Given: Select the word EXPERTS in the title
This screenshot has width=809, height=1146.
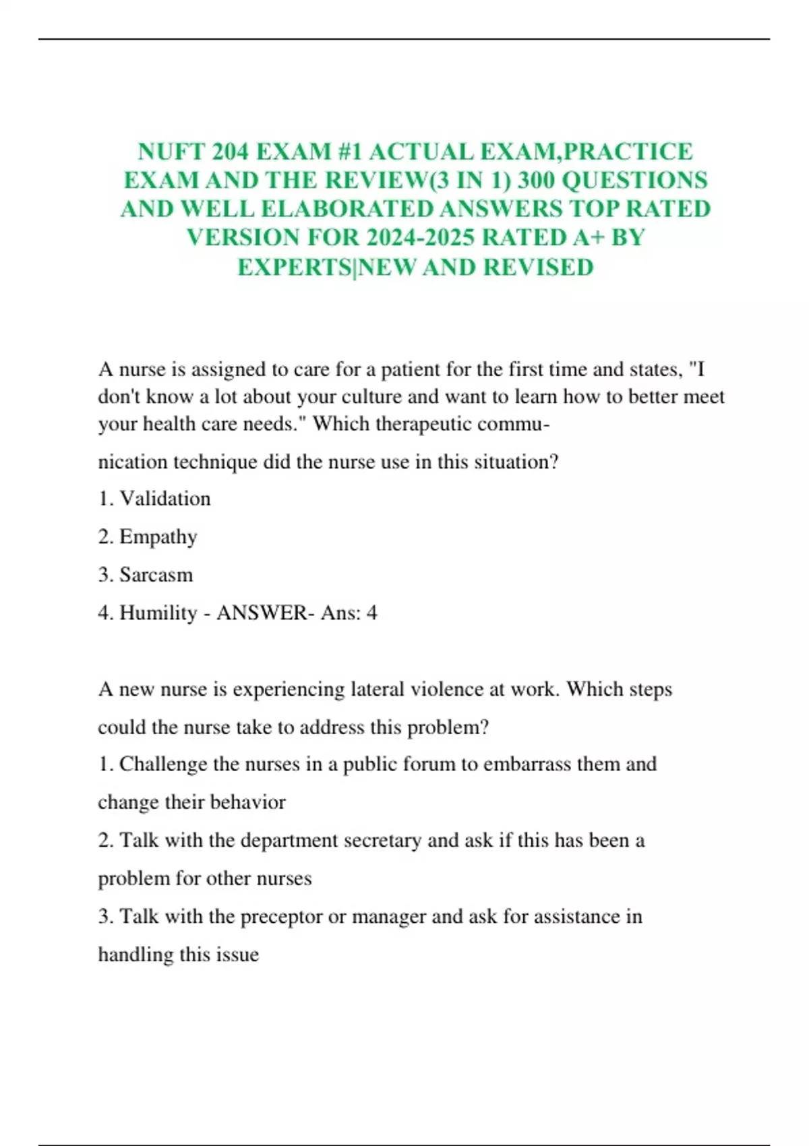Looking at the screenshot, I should (295, 268).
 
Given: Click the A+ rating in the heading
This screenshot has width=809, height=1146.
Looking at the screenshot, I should (587, 238).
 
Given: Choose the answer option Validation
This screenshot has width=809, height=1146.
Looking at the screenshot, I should (165, 499).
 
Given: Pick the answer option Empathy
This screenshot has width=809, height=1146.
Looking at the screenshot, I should (158, 537).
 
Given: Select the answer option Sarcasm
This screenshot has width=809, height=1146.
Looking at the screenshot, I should (156, 575).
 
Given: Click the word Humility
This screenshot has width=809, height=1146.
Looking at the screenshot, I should (158, 613).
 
